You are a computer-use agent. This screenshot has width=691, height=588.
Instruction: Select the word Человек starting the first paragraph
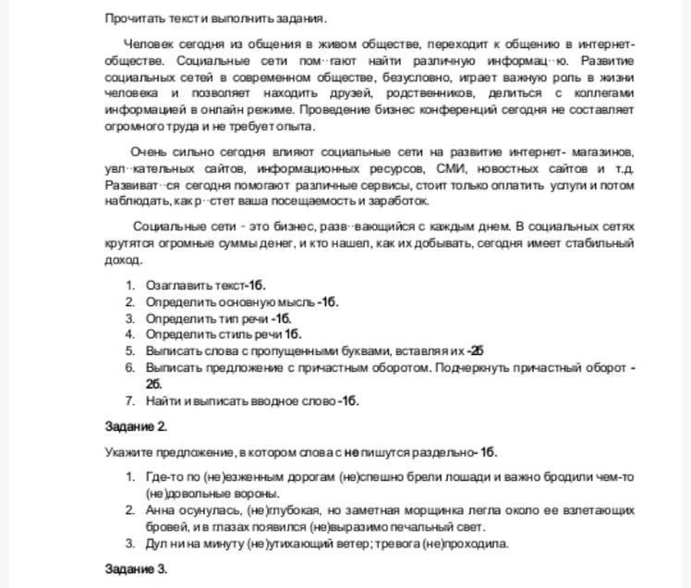tap(147, 43)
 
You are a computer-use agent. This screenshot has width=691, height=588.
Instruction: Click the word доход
tap(123, 260)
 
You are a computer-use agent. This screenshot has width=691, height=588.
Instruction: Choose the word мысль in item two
tap(297, 302)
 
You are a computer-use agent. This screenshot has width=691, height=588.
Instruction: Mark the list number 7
tap(130, 401)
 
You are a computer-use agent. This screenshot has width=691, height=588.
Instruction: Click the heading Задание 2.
tap(136, 426)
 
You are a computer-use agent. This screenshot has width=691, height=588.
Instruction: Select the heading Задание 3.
tap(136, 568)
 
